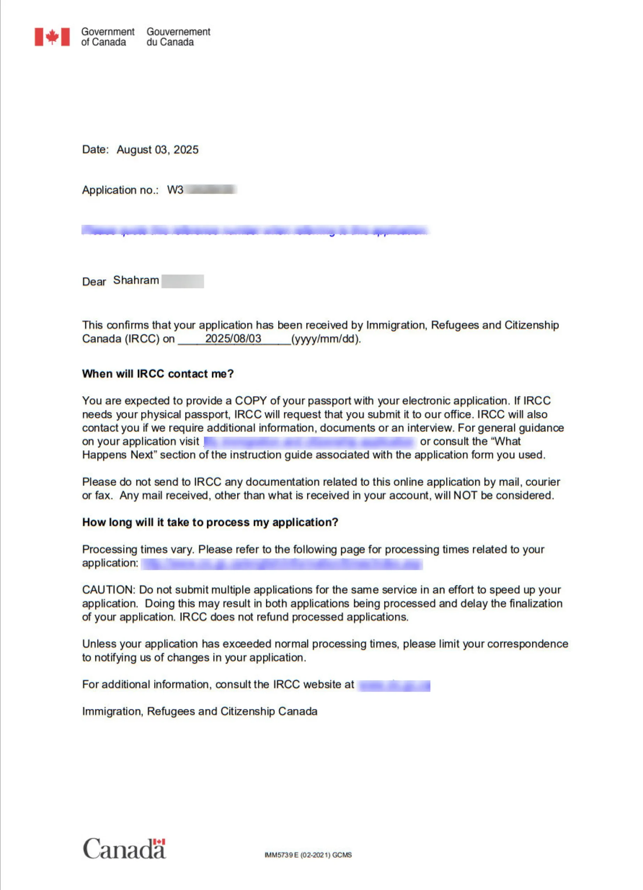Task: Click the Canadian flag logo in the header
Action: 52,37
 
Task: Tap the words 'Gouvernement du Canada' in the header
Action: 178,37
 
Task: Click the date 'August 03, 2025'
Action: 158,149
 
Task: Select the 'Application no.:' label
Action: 120,190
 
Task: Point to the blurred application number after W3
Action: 210,190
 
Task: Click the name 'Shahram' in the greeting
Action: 136,280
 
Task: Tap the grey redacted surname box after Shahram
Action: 183,281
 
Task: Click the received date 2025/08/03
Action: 233,338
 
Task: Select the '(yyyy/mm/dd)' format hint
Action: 326,339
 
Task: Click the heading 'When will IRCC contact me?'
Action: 158,374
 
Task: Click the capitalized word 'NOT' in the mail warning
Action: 466,495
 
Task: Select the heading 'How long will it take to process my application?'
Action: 210,522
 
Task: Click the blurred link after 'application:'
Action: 281,564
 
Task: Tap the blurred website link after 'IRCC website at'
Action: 394,685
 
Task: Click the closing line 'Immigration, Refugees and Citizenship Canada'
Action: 199,711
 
